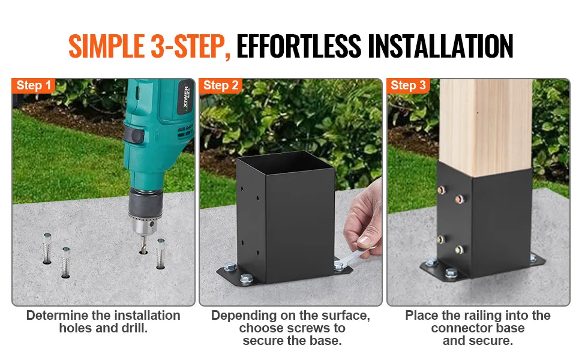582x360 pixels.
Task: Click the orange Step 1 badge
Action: [x=34, y=85]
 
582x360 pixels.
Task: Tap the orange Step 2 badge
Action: [x=221, y=85]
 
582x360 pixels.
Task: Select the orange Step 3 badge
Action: [x=408, y=85]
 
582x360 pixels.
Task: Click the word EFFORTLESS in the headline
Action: [x=299, y=46]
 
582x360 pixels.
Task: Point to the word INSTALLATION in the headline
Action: [x=440, y=46]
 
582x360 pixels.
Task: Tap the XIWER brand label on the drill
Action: [x=187, y=98]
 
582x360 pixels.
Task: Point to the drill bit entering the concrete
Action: [x=143, y=244]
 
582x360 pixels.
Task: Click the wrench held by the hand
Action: [x=354, y=259]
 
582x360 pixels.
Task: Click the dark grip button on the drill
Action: [x=134, y=134]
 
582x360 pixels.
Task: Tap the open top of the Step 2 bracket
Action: [x=284, y=163]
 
